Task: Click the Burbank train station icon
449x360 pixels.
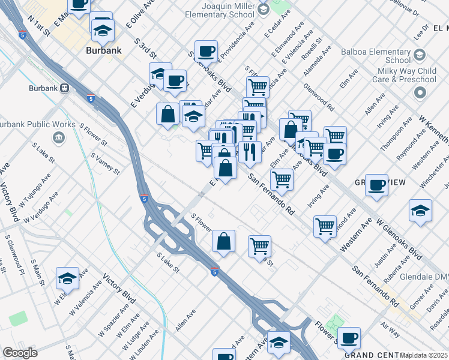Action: pos(63,88)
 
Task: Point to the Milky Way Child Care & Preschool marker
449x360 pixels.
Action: pos(420,93)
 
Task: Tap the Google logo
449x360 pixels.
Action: pos(19,353)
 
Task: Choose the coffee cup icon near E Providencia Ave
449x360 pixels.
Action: pos(206,52)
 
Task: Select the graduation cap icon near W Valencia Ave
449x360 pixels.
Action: pos(68,278)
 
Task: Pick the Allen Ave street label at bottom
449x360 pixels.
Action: pos(185,322)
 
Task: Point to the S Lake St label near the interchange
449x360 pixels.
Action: pos(168,262)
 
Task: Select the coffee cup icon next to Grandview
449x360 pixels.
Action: pos(376,185)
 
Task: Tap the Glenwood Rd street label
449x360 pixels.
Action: pos(319,97)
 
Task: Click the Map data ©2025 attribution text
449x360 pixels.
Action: pos(424,355)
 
